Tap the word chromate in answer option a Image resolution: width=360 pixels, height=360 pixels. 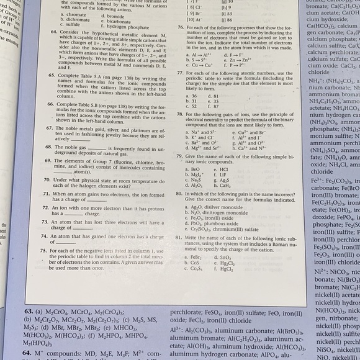[78, 15]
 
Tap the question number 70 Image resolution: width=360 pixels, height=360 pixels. [48, 179]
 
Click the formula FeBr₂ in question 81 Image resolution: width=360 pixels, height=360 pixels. [197, 257]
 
